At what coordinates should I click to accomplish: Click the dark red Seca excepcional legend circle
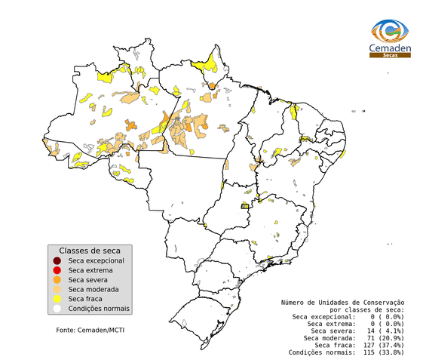click(57, 260)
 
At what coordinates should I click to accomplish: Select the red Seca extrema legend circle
click(57, 270)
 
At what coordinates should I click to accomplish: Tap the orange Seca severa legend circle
click(57, 280)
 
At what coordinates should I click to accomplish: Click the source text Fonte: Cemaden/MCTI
click(90, 331)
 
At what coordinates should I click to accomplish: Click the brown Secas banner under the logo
click(390, 55)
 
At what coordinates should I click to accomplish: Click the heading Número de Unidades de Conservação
click(342, 302)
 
